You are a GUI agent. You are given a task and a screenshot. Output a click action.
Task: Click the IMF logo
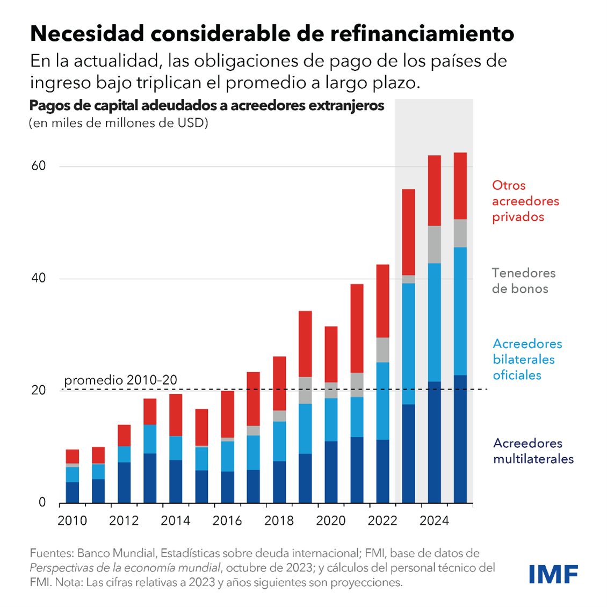click(x=553, y=574)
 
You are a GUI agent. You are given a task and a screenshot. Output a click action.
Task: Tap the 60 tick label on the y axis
click(x=39, y=165)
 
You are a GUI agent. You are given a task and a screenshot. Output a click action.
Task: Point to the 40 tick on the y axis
click(x=39, y=278)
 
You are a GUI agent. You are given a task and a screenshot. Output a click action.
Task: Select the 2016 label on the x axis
click(x=227, y=521)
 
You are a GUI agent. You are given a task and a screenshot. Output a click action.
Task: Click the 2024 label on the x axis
click(x=434, y=521)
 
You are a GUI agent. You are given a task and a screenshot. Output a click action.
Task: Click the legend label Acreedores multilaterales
click(x=533, y=451)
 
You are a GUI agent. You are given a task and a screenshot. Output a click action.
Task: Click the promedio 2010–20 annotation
click(x=120, y=380)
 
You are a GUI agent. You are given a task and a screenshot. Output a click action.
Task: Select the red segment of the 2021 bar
click(x=357, y=328)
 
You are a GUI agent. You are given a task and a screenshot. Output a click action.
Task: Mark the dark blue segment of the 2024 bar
click(x=434, y=442)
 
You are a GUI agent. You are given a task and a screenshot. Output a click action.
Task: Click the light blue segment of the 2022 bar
click(x=382, y=401)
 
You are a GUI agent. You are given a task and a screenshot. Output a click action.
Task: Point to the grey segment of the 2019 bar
click(x=305, y=390)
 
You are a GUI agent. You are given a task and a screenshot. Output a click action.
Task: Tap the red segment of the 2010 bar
click(x=73, y=456)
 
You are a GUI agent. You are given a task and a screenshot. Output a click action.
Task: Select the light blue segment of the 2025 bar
click(x=460, y=311)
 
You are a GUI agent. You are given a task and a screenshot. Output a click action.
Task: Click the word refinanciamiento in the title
click(x=422, y=33)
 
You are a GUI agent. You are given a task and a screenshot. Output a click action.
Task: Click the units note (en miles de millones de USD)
click(x=118, y=123)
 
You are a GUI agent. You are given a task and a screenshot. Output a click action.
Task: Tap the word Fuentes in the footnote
click(x=50, y=553)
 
